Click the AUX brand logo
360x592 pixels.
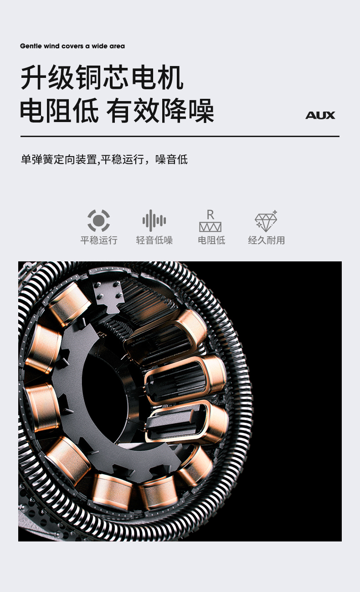coord(320,115)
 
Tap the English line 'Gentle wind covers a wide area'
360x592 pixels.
coord(72,46)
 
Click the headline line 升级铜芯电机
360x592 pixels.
coord(102,77)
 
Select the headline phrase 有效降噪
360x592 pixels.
coord(160,110)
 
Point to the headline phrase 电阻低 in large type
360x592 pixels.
coord(59,110)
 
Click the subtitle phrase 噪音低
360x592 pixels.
coord(171,159)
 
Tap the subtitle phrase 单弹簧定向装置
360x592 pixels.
coord(59,159)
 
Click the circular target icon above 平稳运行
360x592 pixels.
coord(99,220)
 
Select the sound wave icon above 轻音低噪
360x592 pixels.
coord(154,220)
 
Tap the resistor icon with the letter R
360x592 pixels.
coord(210,221)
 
